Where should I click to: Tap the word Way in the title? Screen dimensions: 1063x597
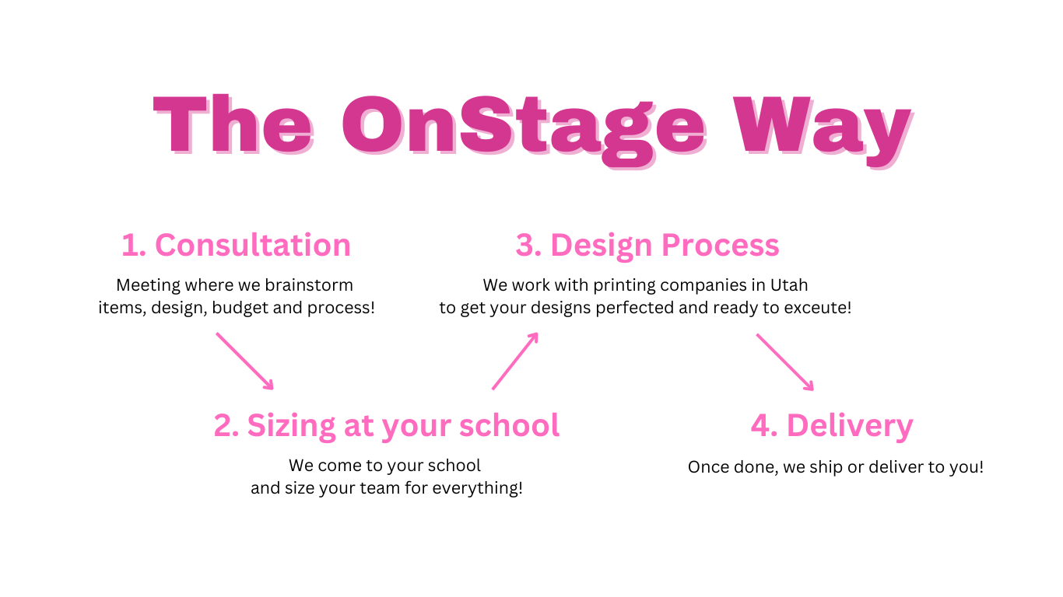click(x=823, y=131)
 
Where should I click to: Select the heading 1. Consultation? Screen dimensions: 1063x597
click(x=236, y=245)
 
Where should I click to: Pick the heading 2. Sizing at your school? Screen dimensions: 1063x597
click(x=386, y=426)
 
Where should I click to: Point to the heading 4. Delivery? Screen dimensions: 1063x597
click(x=832, y=426)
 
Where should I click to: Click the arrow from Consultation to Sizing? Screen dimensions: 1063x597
click(x=245, y=361)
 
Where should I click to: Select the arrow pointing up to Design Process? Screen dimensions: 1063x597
click(x=515, y=361)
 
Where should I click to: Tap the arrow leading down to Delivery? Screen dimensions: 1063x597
click(x=785, y=362)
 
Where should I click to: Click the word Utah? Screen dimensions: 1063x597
click(x=789, y=285)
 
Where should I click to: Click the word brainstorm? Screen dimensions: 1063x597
click(x=309, y=285)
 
